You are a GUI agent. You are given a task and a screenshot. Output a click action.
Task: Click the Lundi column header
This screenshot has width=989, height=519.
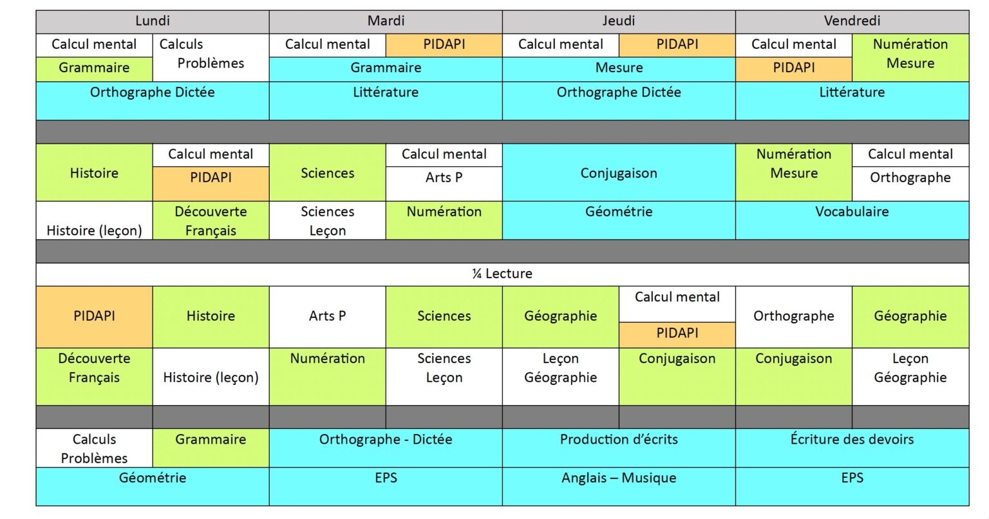click(153, 21)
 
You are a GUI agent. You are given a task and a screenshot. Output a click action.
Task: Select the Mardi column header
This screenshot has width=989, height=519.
click(386, 21)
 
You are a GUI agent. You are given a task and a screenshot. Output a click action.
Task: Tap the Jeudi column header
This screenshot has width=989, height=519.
click(619, 21)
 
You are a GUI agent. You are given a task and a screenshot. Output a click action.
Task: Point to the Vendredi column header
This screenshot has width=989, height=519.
click(852, 21)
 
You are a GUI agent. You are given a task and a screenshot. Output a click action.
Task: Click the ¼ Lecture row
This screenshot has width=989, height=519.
click(502, 274)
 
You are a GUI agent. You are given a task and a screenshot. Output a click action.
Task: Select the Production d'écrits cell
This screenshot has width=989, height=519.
click(619, 447)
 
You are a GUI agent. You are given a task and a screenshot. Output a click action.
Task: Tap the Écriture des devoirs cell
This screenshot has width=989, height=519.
click(852, 447)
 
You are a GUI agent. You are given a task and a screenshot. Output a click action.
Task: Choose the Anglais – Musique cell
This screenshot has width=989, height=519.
click(619, 486)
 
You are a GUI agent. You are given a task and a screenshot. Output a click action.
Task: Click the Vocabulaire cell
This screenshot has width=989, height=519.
click(852, 220)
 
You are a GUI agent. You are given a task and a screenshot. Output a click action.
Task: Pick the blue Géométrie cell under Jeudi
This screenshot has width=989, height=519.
click(619, 220)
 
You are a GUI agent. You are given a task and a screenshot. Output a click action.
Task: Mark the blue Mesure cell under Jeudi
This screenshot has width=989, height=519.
click(619, 68)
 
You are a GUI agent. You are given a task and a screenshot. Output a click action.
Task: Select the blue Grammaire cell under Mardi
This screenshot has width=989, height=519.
click(386, 68)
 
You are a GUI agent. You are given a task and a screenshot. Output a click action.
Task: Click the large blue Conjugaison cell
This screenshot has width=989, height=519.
click(619, 173)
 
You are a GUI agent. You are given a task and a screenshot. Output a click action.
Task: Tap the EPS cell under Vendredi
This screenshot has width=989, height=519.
click(852, 486)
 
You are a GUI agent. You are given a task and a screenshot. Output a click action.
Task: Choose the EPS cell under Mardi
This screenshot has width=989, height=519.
click(386, 486)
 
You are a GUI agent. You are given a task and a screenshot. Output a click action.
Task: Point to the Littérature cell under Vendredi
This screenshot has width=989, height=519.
click(852, 100)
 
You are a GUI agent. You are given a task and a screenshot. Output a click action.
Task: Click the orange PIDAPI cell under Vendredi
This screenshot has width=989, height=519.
click(793, 68)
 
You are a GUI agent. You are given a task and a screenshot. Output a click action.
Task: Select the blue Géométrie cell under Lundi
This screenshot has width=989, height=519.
click(153, 486)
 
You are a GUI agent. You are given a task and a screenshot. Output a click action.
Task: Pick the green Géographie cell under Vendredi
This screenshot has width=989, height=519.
click(910, 316)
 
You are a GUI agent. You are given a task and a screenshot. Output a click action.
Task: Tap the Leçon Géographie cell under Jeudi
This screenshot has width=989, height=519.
click(560, 376)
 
